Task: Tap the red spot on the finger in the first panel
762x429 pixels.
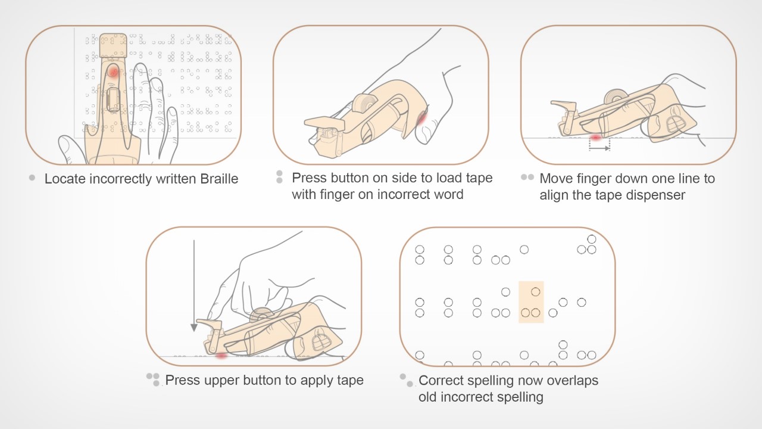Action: [x=113, y=72]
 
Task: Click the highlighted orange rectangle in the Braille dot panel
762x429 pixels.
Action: [x=531, y=302]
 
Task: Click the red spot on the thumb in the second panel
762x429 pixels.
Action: [x=421, y=120]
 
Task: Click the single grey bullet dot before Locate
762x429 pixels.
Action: [x=32, y=178]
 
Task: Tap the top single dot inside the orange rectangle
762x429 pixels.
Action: [x=535, y=291]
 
